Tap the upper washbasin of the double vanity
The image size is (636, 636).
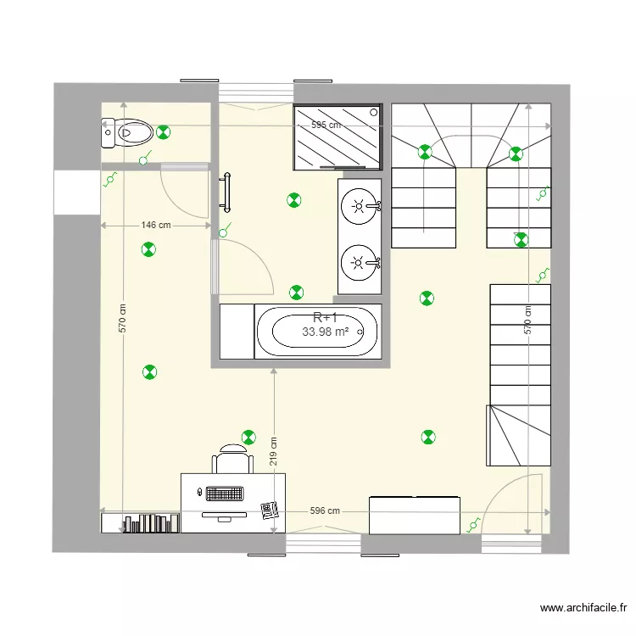[359, 205]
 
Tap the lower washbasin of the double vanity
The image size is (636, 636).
[359, 261]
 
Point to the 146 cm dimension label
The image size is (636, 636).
[155, 226]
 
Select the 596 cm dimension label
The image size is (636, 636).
[325, 510]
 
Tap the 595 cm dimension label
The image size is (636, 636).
[326, 125]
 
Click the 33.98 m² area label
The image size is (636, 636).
[326, 332]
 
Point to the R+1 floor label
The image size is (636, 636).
[325, 318]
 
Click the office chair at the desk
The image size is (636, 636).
[232, 460]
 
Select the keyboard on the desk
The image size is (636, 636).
[225, 493]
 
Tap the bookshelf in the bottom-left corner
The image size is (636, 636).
[141, 523]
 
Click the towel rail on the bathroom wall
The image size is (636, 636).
[226, 192]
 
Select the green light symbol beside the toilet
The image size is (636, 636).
[164, 131]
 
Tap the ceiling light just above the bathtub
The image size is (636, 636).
[296, 293]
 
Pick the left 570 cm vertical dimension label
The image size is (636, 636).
[122, 319]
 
